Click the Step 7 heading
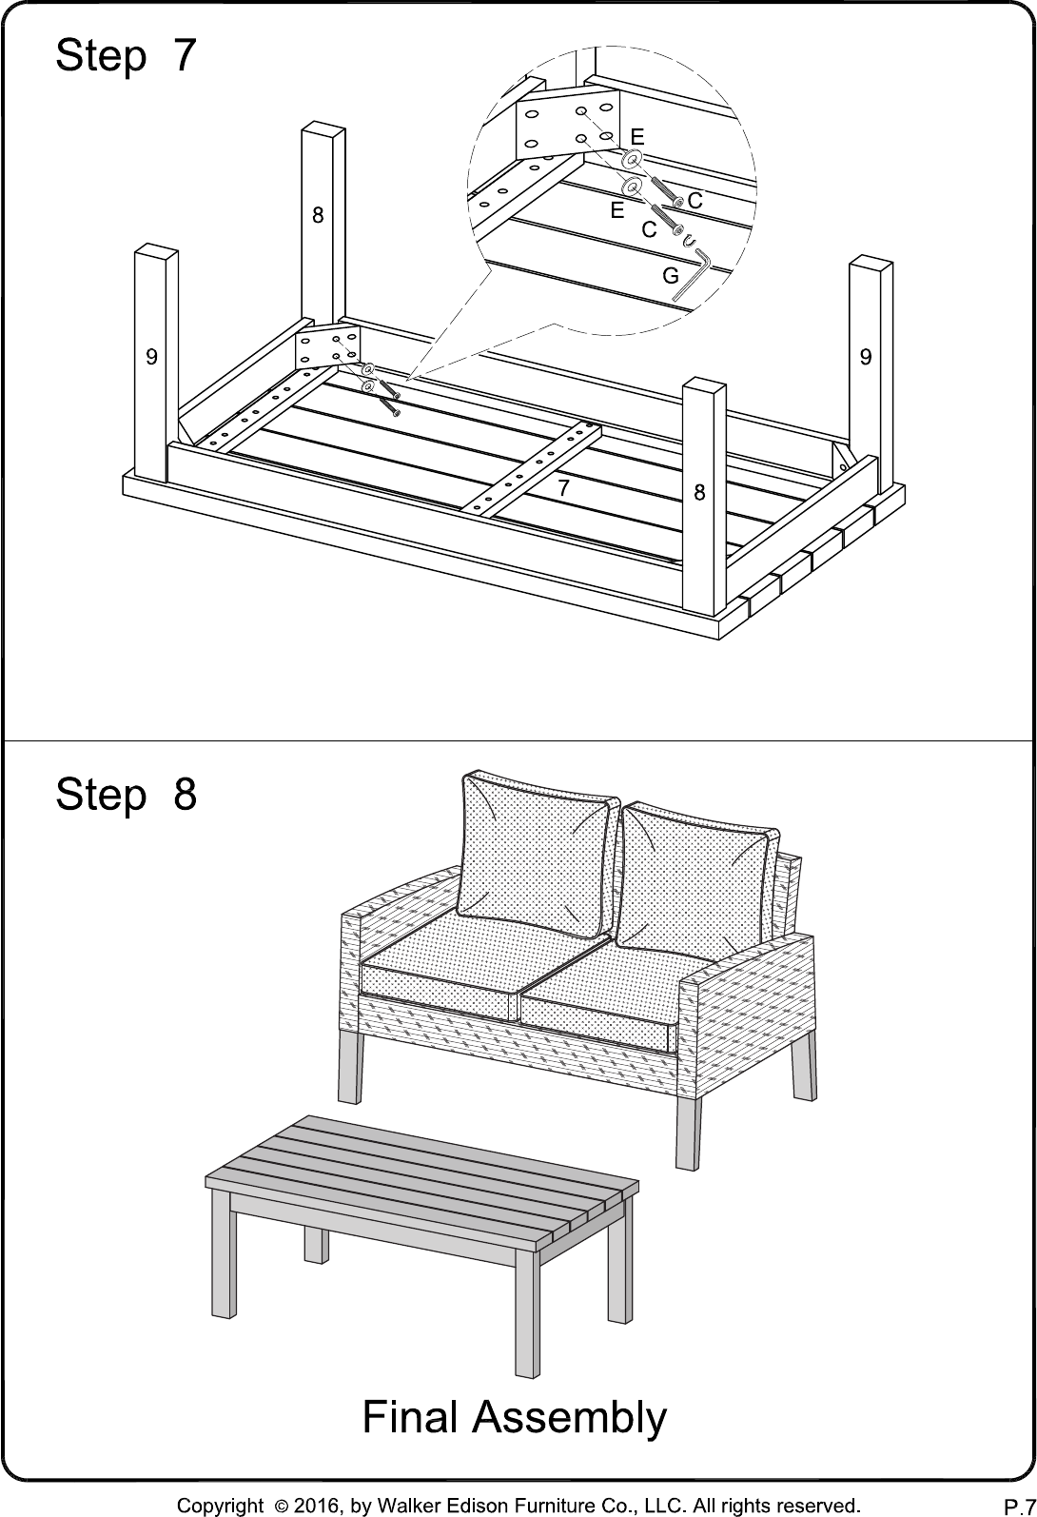pos(126,55)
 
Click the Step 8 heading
pos(126,794)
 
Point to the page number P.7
pos(1020,1507)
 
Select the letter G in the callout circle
pos(670,276)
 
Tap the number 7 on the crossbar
pos(563,487)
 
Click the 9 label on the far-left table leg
pos(151,356)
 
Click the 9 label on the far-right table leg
pos(866,356)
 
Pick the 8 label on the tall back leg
pos(318,215)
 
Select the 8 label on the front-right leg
pos(700,492)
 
